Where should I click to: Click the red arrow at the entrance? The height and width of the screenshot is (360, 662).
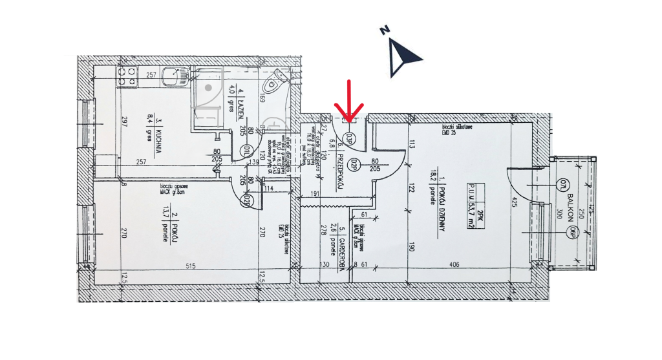coord(349,102)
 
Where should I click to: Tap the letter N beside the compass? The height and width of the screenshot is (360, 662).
coord(384,30)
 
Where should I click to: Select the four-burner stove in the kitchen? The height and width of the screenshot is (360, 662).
coord(125,78)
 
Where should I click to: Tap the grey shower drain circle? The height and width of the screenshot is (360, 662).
coord(208,87)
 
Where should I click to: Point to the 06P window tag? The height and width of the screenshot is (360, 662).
coord(570,232)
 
